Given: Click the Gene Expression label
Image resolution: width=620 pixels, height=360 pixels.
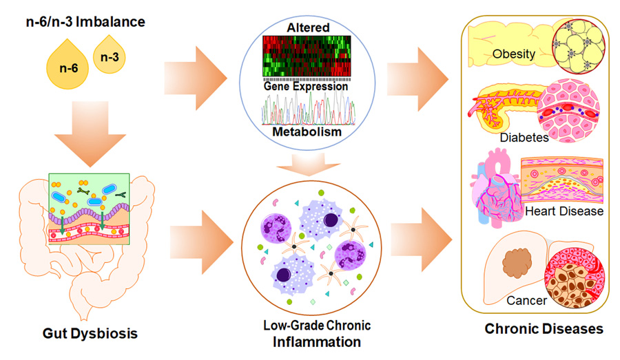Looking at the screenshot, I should tap(307, 87).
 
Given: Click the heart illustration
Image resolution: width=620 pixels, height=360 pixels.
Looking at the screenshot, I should tap(495, 193).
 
